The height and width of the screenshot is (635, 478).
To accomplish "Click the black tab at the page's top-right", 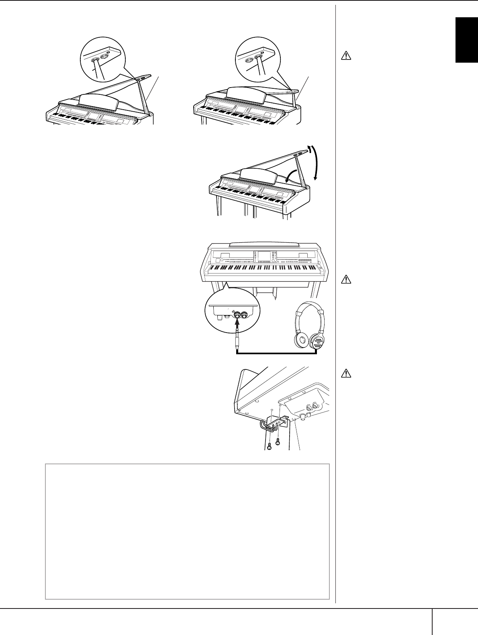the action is [466, 40].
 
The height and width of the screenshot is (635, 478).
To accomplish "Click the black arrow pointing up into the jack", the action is [237, 323].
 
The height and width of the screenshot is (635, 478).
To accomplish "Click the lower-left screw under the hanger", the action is [269, 445].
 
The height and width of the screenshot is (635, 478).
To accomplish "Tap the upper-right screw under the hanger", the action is [277, 443].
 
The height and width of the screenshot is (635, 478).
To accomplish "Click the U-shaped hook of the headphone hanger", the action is [265, 426].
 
